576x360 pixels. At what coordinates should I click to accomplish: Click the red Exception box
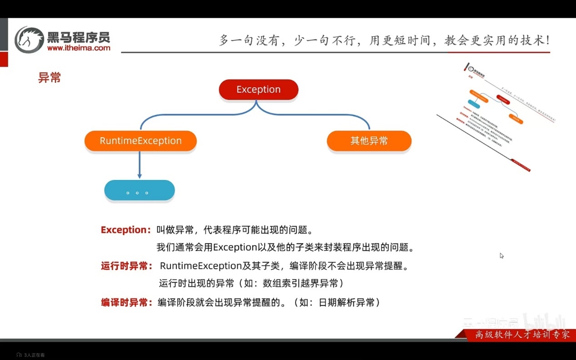tap(258, 90)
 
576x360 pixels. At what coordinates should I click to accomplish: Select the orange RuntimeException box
tap(140, 141)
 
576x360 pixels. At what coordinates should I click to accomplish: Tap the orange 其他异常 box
tap(369, 141)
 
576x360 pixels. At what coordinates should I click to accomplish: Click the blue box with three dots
tap(139, 191)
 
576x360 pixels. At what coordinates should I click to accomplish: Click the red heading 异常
tap(50, 78)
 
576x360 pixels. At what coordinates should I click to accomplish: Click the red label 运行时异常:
tap(127, 266)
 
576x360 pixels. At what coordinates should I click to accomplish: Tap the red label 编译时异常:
tap(127, 302)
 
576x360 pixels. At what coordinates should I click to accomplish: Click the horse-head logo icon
tap(29, 40)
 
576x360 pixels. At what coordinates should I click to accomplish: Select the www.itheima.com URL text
tap(78, 48)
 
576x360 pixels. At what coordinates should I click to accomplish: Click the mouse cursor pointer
tap(501, 255)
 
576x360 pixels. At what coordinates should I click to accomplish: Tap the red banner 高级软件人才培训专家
tap(521, 335)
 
